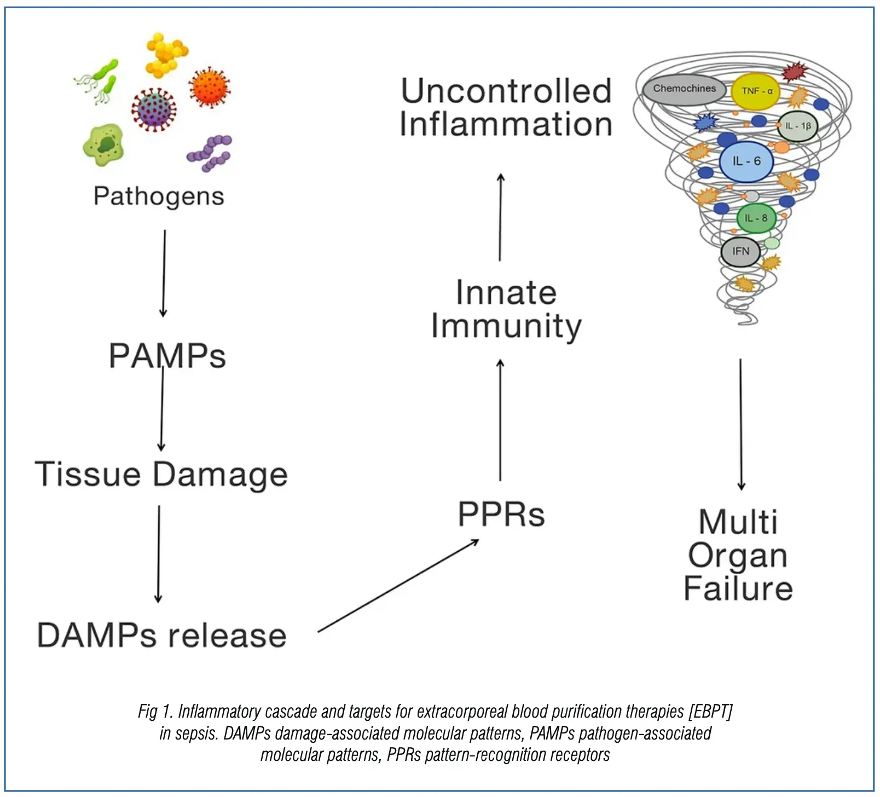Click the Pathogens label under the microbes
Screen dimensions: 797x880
point(159,197)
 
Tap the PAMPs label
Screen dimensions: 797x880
point(167,356)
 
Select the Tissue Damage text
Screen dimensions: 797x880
point(161,474)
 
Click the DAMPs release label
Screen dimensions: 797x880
point(161,636)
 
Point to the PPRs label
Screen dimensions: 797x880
point(501,515)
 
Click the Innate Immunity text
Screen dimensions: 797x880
point(506,309)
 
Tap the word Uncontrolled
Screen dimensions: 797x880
point(506,91)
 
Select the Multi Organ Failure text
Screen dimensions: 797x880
point(738,555)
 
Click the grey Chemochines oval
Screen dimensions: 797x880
point(684,89)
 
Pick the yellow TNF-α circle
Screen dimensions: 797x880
point(756,91)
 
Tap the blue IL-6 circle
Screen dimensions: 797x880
point(746,161)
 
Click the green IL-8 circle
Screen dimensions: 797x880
point(756,218)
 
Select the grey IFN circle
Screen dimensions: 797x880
point(740,251)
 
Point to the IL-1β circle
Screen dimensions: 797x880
point(797,126)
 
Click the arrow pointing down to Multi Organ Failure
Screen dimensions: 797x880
point(741,424)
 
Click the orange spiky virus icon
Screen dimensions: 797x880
point(209,88)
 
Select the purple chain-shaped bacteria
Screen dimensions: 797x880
point(210,153)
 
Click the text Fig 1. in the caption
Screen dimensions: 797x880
point(155,712)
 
